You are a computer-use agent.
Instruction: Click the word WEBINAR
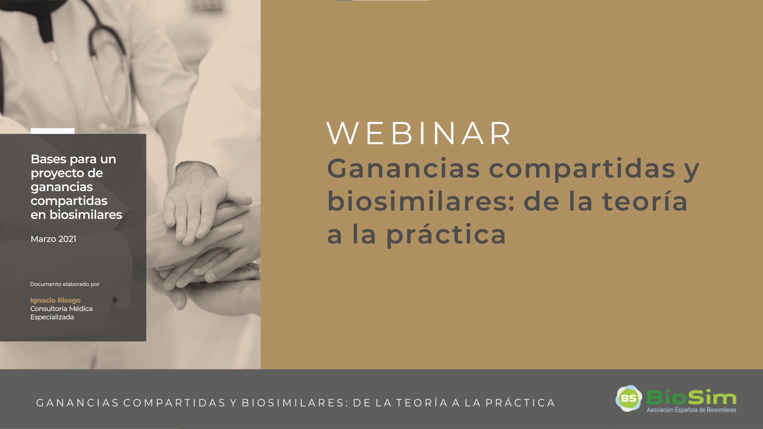419,133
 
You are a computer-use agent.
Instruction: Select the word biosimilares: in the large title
421,201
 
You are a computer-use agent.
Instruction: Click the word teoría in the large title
645,201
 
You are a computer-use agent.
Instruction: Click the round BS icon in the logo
629,398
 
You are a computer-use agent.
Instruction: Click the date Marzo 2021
53,239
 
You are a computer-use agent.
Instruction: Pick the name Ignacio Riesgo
55,300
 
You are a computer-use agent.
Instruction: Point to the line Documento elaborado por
65,284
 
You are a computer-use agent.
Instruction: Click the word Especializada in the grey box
52,317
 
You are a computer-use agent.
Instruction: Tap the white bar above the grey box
52,131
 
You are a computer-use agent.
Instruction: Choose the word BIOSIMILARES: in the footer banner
294,403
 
